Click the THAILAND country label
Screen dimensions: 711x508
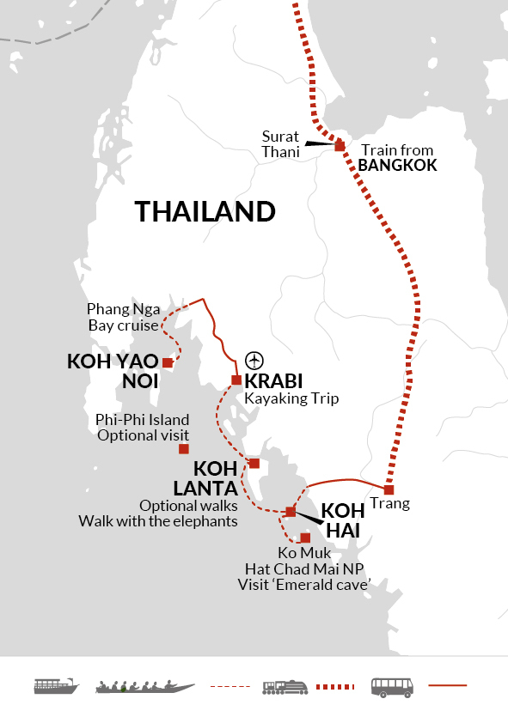click(x=205, y=211)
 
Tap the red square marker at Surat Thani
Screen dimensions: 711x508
click(x=340, y=146)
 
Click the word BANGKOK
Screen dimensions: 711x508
click(x=397, y=166)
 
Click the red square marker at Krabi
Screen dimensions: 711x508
click(x=236, y=380)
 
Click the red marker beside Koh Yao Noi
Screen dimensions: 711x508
click(x=168, y=363)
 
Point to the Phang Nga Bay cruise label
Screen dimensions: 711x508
click(x=123, y=317)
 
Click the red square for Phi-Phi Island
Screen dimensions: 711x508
click(x=183, y=449)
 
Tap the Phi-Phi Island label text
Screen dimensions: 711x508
click(x=143, y=420)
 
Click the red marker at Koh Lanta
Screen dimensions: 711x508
click(x=254, y=464)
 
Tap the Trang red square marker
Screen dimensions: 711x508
click(x=389, y=489)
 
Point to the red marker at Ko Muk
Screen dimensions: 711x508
click(x=305, y=538)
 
